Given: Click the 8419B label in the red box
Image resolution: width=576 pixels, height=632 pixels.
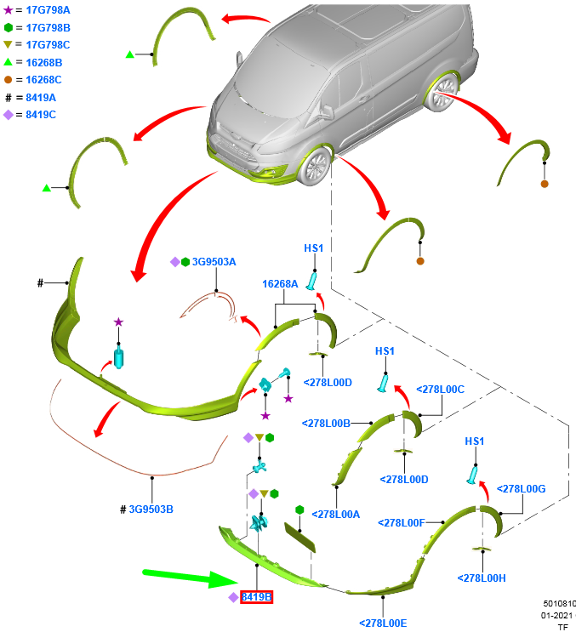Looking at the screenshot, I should click(x=256, y=597).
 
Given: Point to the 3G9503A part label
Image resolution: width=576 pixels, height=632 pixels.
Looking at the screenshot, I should click(x=214, y=262).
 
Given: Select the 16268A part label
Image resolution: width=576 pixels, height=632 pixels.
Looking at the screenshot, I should click(x=280, y=284).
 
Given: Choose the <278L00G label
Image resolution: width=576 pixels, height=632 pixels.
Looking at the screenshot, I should click(x=521, y=488).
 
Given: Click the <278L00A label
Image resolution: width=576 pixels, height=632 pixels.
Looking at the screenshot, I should click(x=336, y=514).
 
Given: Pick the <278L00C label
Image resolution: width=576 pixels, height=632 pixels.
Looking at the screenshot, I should click(x=440, y=389).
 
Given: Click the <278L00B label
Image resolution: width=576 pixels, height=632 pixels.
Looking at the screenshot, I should click(x=326, y=423).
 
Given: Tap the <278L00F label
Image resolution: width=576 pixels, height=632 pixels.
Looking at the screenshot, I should click(x=402, y=522).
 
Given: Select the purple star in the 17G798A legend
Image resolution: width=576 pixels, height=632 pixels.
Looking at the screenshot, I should click(x=9, y=10).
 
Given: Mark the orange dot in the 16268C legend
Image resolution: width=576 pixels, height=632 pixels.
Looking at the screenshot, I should click(x=9, y=79).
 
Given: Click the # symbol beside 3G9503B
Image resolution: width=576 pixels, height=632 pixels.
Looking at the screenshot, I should click(x=123, y=510).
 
